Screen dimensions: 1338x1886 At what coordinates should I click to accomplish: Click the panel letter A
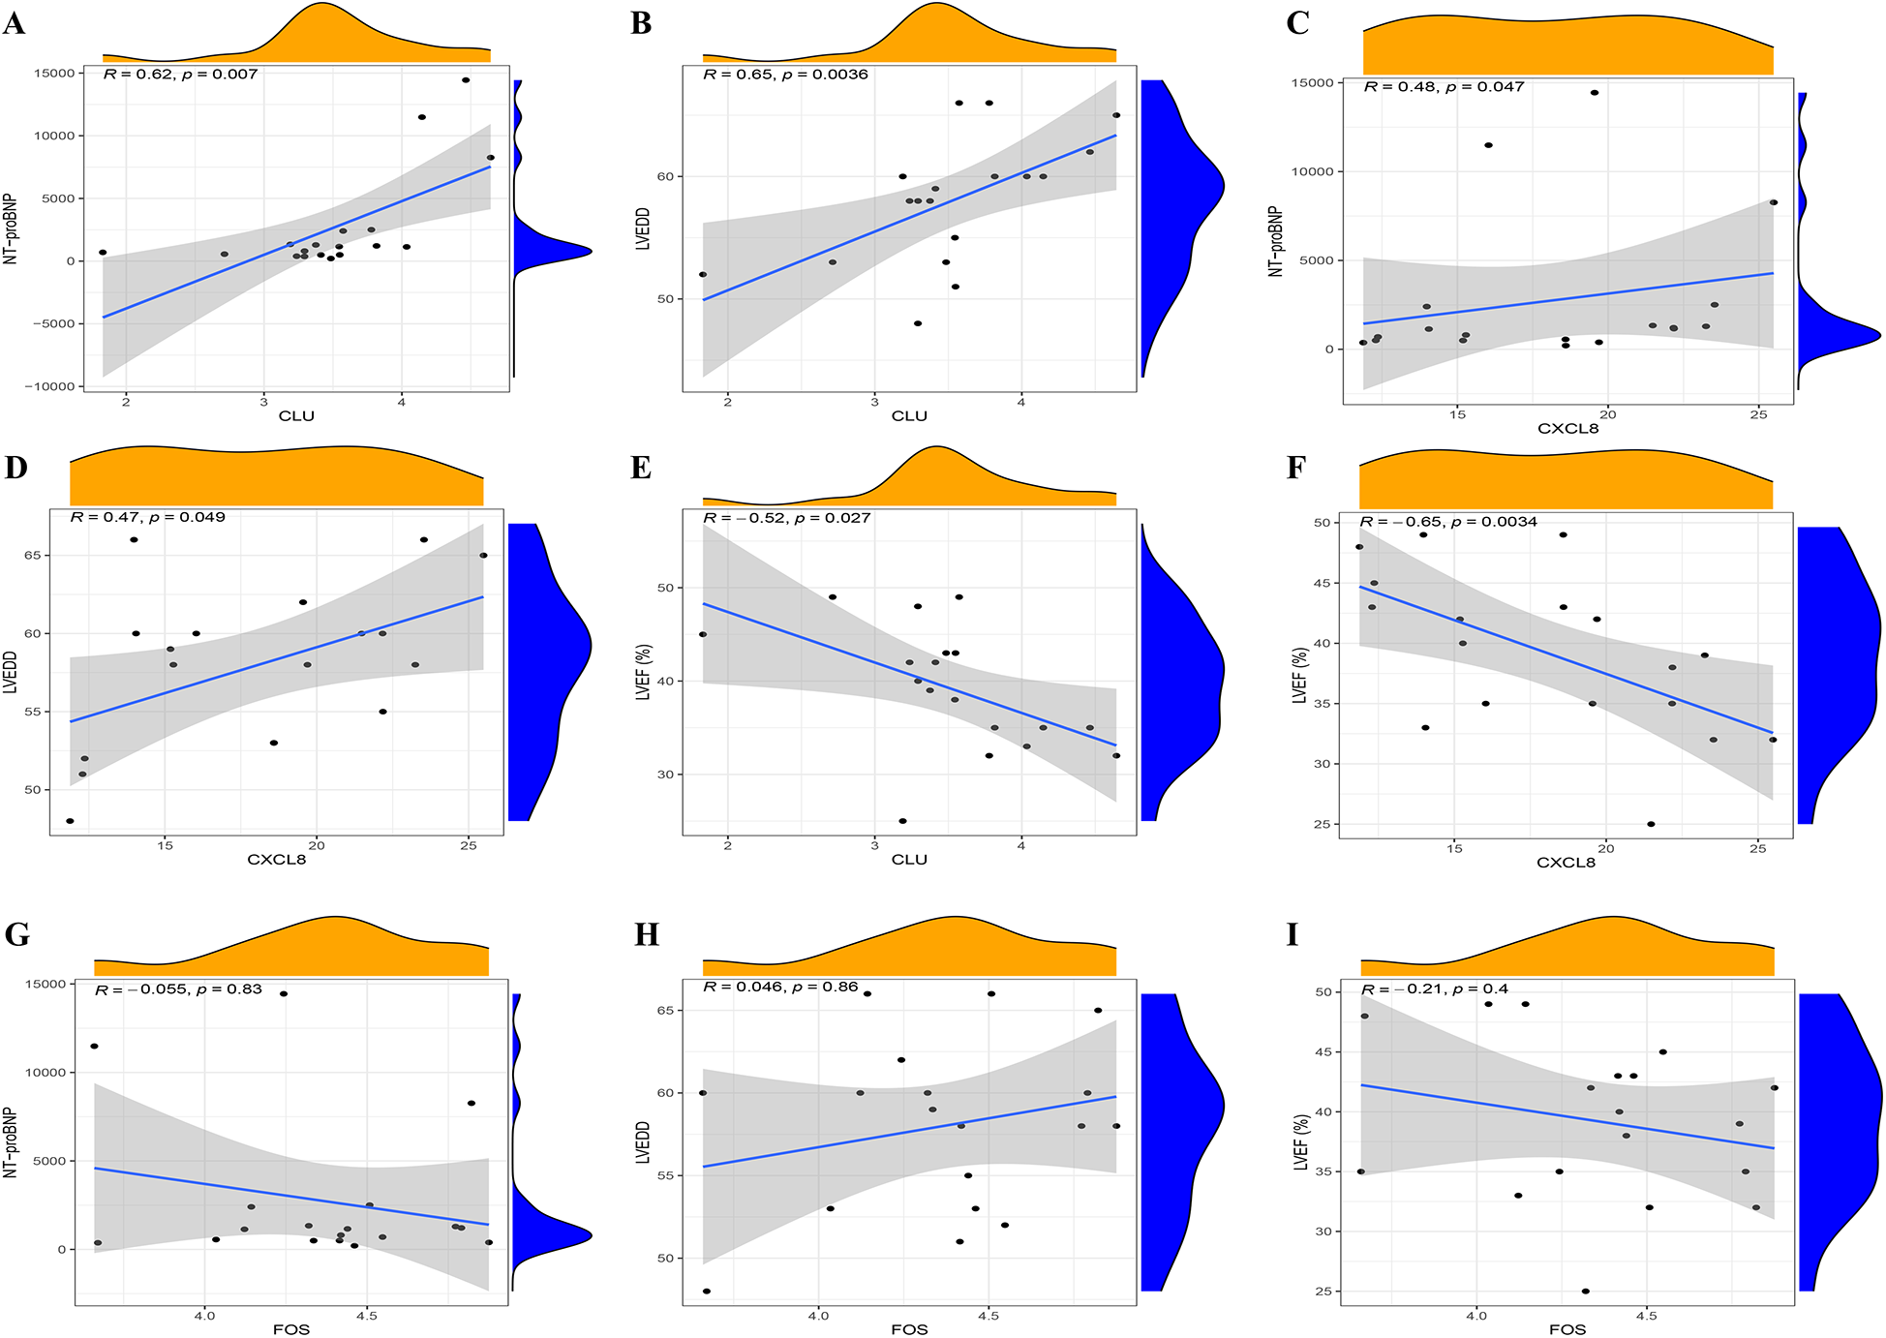(x=14, y=22)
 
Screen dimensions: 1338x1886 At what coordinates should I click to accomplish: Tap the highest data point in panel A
(x=466, y=80)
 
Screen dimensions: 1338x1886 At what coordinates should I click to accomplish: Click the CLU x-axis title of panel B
(x=908, y=416)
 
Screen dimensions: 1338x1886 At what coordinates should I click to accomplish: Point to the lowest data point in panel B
(x=918, y=323)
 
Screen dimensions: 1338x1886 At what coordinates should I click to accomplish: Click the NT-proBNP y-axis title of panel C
(x=1276, y=242)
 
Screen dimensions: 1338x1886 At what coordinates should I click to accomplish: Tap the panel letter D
(x=15, y=468)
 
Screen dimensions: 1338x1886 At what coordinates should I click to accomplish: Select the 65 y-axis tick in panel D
(x=33, y=556)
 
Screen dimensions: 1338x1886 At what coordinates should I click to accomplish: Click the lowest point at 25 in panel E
(x=902, y=821)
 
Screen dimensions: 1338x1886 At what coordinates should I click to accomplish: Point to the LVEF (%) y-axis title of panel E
(x=643, y=672)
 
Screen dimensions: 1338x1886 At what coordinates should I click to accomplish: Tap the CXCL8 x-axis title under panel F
(x=1566, y=862)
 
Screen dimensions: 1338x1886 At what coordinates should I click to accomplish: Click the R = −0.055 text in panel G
(x=141, y=989)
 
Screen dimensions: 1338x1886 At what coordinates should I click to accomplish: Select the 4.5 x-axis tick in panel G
(x=366, y=1316)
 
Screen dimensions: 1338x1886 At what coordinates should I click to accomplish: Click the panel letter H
(x=646, y=934)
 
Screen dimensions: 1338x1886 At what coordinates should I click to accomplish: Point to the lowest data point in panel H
(x=707, y=1291)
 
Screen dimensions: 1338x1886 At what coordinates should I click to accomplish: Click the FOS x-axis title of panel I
(x=1567, y=1329)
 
